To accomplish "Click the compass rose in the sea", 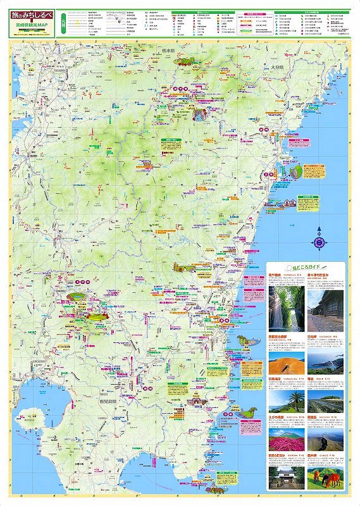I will click(x=319, y=241).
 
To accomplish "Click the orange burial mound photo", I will click(x=287, y=362).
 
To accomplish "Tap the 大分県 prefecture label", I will click(x=275, y=66).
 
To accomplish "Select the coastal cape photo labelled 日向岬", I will click(x=325, y=362).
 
